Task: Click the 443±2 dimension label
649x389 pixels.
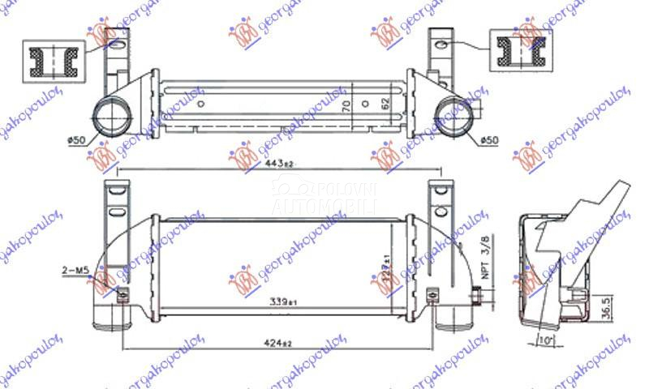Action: click(278, 163)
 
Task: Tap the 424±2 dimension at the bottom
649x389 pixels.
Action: click(278, 343)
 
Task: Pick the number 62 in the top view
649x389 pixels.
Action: click(387, 103)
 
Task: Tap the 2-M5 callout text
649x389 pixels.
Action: click(73, 267)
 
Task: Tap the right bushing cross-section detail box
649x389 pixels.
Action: click(513, 49)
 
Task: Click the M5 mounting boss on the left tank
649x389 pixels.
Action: click(122, 294)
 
